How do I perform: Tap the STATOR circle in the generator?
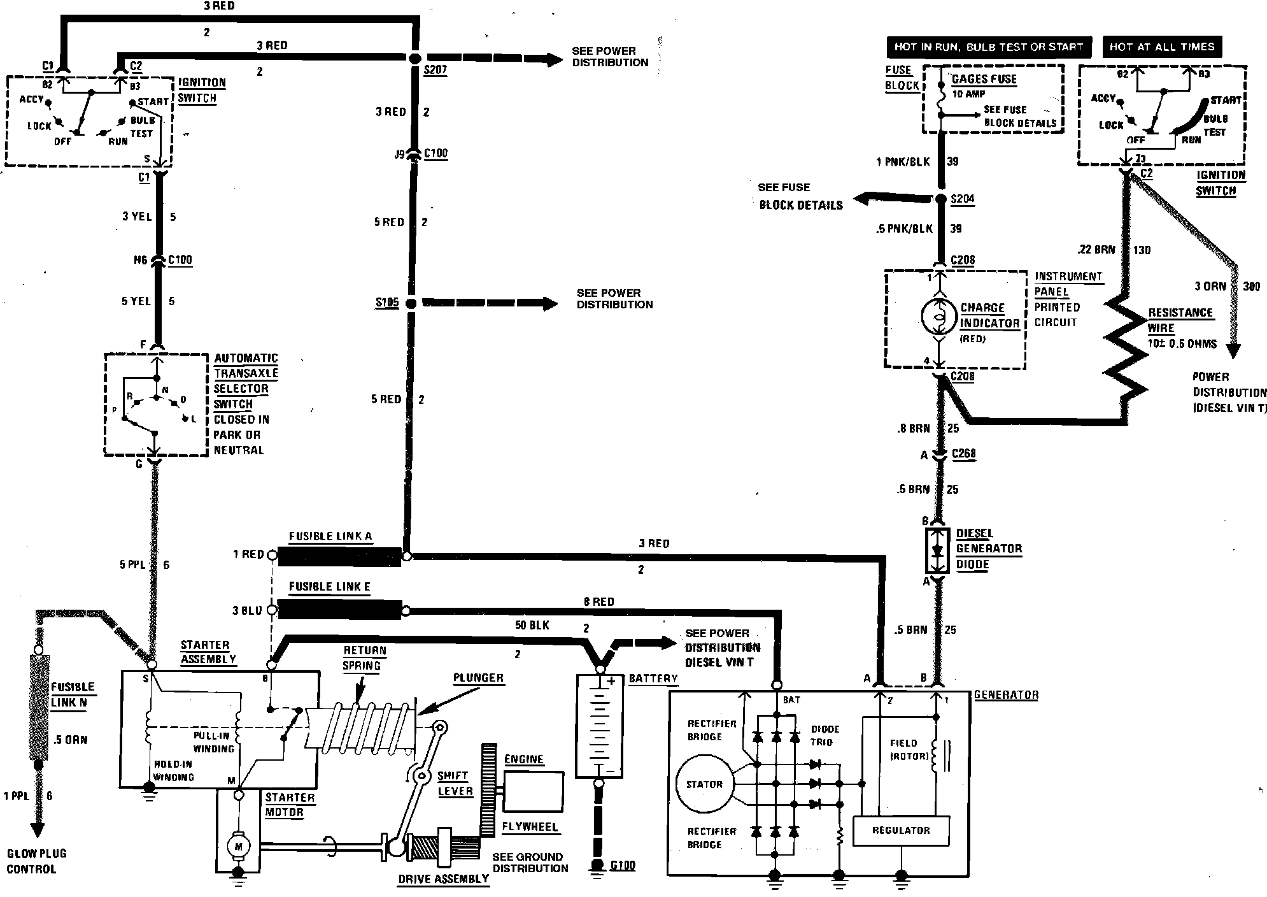[x=704, y=784]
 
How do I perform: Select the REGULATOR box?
[x=900, y=831]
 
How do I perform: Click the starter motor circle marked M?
[x=239, y=846]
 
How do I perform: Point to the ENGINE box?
[x=533, y=791]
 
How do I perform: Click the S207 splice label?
[x=435, y=70]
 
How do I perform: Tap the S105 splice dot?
[x=411, y=303]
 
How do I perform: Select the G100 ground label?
[x=622, y=866]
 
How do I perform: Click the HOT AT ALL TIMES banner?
[x=1162, y=47]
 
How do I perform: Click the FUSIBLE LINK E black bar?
[x=339, y=610]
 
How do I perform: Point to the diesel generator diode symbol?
[x=937, y=550]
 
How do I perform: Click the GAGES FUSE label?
[x=984, y=79]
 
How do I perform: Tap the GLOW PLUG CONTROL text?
[x=36, y=861]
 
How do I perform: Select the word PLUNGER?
[x=478, y=678]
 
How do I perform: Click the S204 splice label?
[x=962, y=199]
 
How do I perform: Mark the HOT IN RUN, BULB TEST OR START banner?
[x=988, y=47]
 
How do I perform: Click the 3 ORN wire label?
[x=1210, y=286]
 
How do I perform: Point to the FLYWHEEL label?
[x=530, y=827]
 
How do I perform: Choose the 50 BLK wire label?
[x=532, y=626]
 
